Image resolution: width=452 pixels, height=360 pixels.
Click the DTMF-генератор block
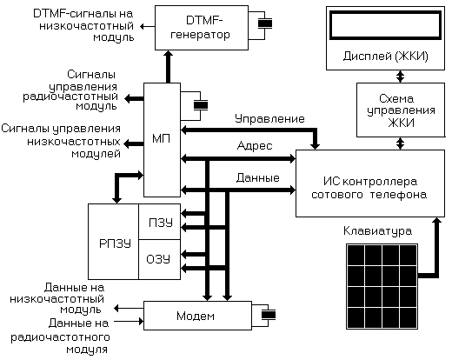point(202,28)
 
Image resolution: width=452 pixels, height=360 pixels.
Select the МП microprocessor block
point(162,140)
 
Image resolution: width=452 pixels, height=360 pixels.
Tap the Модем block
point(197,316)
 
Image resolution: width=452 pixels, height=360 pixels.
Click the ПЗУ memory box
point(160,222)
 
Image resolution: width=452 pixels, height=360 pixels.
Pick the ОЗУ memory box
point(160,259)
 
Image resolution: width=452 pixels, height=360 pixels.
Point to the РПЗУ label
point(115,243)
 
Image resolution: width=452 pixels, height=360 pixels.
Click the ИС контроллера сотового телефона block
point(370,183)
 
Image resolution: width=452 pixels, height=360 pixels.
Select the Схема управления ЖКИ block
point(401,110)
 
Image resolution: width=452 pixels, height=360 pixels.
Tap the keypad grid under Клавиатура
point(382,286)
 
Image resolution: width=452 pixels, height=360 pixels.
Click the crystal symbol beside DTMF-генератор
point(265,23)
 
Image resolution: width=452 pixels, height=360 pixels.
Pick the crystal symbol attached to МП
point(201,105)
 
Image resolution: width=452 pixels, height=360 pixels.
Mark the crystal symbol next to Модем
point(269,315)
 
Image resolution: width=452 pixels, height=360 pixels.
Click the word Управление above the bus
point(269,119)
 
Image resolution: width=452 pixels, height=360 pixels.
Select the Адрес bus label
point(255,145)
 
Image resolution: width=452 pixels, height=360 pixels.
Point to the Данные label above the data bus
point(258,177)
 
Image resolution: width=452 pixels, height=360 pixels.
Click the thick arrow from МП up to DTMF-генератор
point(168,67)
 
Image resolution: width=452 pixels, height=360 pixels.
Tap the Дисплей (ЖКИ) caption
point(386,56)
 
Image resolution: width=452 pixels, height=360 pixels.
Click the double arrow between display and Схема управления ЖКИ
point(400,77)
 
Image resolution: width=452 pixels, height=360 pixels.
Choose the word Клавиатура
point(377,231)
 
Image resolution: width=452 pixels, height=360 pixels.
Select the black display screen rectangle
point(386,25)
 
